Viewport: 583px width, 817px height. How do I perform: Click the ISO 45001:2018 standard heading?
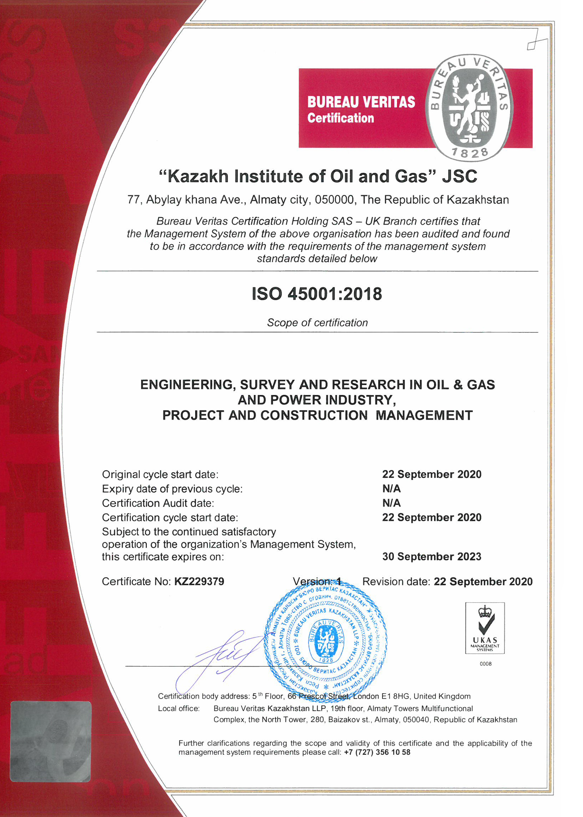[x=317, y=294]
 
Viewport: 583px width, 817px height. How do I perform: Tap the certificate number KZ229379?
[x=199, y=582]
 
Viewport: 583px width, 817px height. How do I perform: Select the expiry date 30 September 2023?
[x=432, y=556]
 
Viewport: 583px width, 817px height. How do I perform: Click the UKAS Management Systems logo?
[x=485, y=628]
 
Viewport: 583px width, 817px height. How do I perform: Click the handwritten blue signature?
[x=223, y=653]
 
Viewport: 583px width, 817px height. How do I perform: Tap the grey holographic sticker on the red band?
[x=50, y=741]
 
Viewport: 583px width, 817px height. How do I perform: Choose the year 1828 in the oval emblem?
[x=470, y=153]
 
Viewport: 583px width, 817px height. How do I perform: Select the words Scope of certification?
[x=317, y=323]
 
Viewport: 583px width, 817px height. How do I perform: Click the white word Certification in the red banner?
[x=340, y=118]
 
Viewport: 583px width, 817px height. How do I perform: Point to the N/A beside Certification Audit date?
[x=391, y=503]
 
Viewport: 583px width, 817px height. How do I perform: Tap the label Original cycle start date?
[x=160, y=475]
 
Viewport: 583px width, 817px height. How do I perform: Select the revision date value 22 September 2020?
[x=483, y=582]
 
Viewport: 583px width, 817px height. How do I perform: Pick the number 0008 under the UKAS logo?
[x=485, y=664]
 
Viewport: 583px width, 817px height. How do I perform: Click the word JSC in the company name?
[x=460, y=177]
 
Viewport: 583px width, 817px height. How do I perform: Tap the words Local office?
[x=178, y=708]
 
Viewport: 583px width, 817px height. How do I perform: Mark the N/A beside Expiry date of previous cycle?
[x=391, y=488]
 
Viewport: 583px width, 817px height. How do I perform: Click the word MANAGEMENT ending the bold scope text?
[x=424, y=415]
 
